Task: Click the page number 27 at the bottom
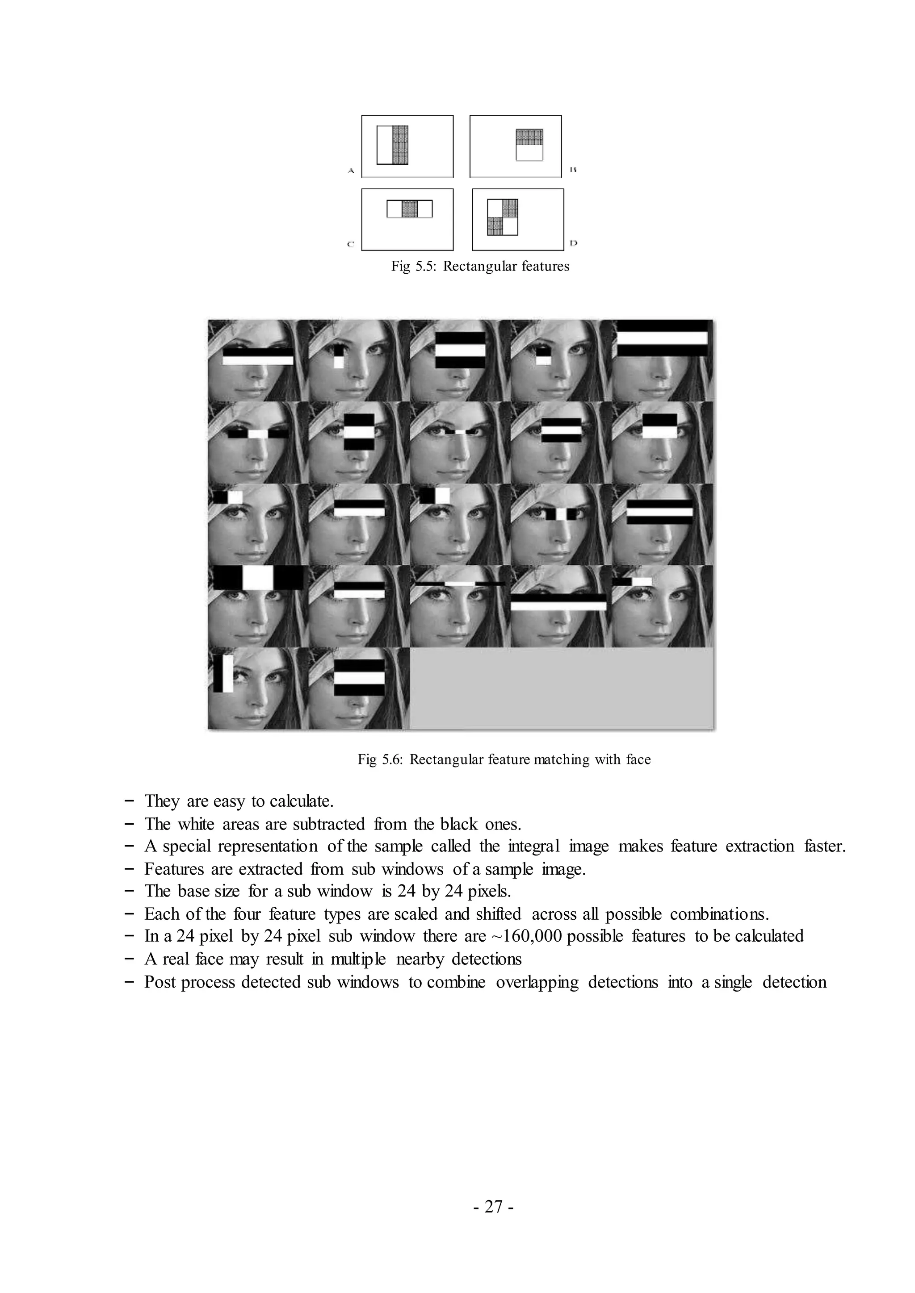[x=493, y=1207]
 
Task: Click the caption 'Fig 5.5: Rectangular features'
[x=480, y=267]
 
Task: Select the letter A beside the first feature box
[x=350, y=170]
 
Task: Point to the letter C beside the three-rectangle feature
[x=350, y=244]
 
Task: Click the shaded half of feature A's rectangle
[x=400, y=145]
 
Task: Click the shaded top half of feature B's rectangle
[x=529, y=138]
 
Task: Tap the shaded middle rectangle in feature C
[x=410, y=209]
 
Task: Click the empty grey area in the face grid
[x=561, y=688]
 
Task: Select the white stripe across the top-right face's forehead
[x=662, y=338]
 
